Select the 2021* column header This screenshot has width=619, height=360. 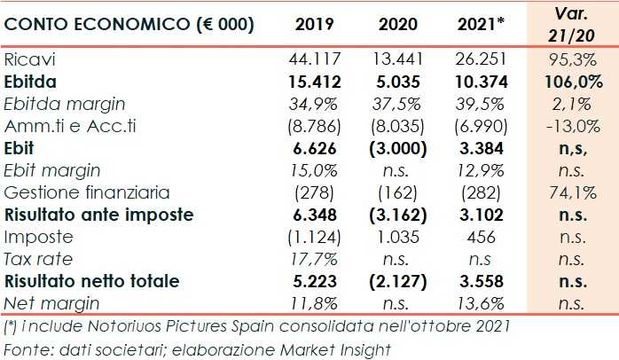[x=482, y=25]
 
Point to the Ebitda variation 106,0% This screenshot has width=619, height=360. [x=570, y=82]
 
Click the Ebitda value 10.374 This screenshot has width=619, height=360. [x=482, y=82]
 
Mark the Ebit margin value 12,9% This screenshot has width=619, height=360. [x=482, y=170]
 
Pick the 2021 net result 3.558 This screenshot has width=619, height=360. [x=482, y=281]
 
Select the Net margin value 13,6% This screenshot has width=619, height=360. [x=482, y=303]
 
